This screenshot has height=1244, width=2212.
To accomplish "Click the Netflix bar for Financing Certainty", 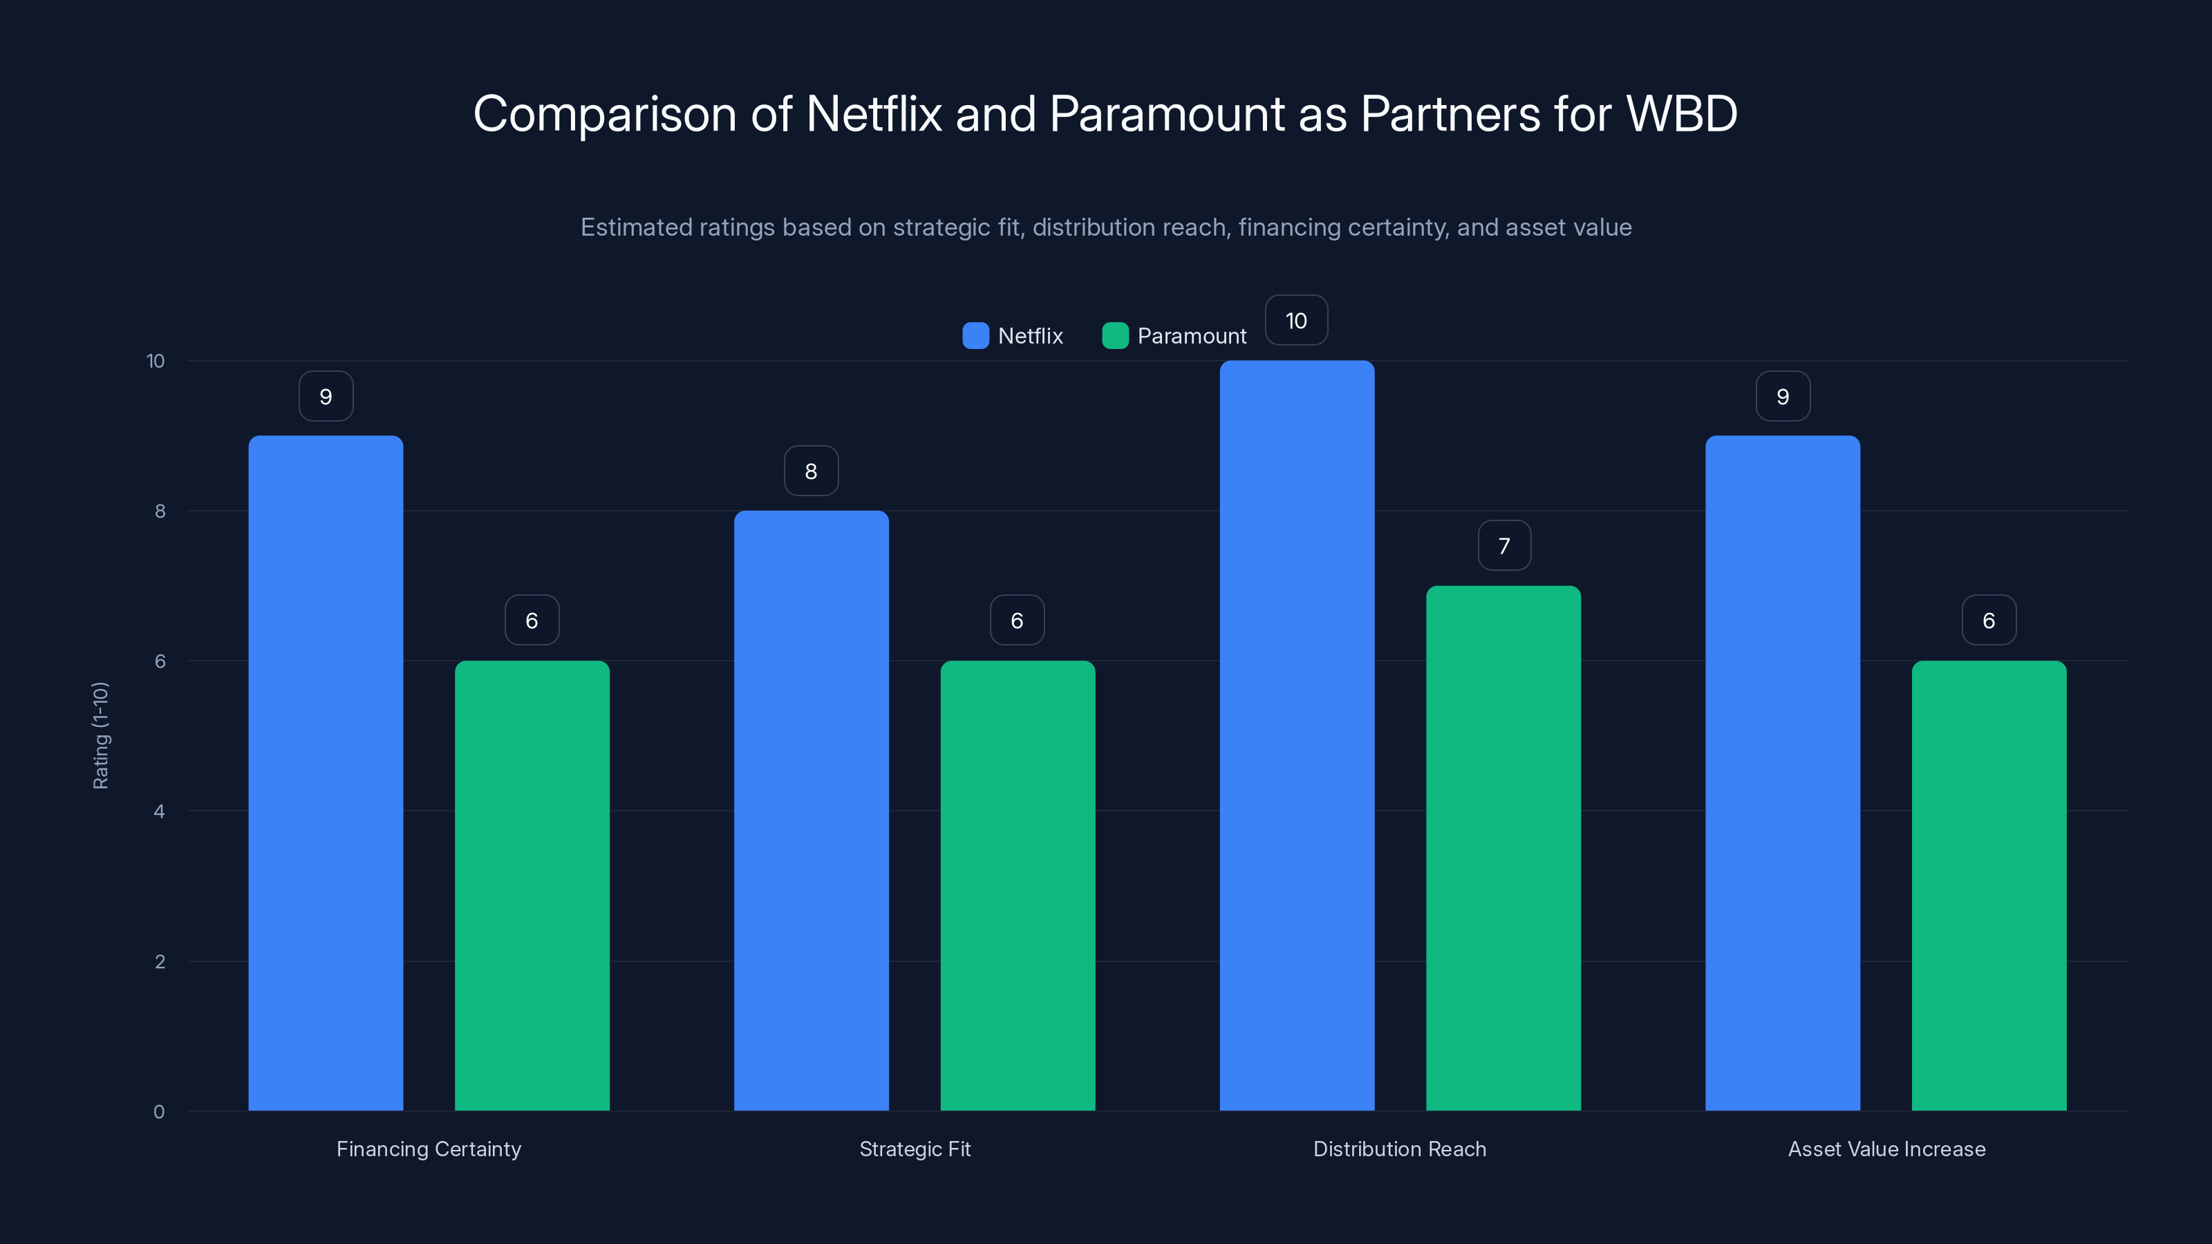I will coord(326,773).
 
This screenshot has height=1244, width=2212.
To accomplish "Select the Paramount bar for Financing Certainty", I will coord(532,885).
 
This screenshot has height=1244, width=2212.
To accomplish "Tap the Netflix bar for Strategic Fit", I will coord(811,811).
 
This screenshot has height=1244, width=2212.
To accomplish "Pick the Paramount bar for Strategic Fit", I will coord(1018,885).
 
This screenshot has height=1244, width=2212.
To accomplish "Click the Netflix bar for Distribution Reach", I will coord(1297,736).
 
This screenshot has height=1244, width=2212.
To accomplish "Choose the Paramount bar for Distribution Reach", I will coord(1503,848).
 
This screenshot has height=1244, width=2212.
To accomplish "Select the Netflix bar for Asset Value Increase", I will coord(1783,773).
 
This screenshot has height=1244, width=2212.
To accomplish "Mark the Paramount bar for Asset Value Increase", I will coord(1989,885).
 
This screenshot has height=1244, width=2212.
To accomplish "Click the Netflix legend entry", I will coord(1013,336).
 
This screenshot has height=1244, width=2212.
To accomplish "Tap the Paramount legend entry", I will coord(1174,336).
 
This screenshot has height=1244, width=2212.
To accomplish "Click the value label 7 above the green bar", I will coord(1503,546).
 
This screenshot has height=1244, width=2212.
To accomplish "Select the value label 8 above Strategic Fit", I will coord(811,471).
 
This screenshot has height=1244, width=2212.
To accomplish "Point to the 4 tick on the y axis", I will coord(160,811).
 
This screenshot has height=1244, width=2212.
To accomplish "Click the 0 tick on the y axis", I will coord(160,1112).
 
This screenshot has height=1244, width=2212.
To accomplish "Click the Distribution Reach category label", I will coord(1400,1149).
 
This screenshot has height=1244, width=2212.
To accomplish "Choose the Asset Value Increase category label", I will coord(1886,1149).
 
